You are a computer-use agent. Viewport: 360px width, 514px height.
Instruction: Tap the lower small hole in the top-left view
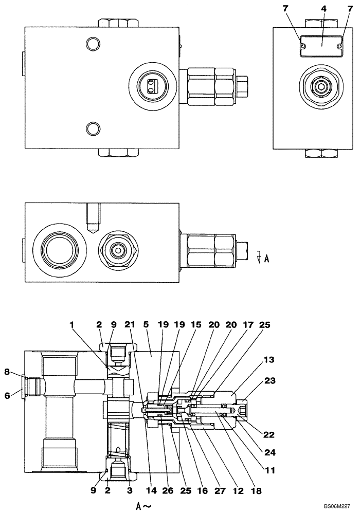[93, 127]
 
